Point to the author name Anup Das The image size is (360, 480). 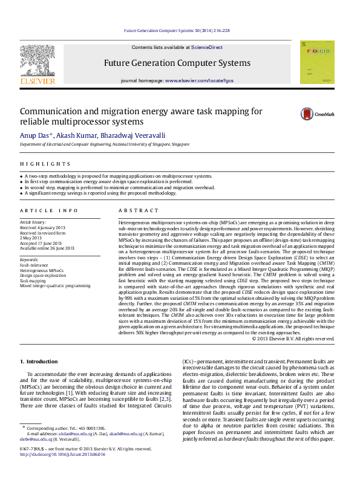35,135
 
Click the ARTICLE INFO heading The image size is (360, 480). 49,210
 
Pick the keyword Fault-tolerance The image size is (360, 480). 35,265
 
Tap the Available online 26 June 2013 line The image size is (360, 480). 47,248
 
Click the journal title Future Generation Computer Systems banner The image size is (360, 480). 177,63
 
